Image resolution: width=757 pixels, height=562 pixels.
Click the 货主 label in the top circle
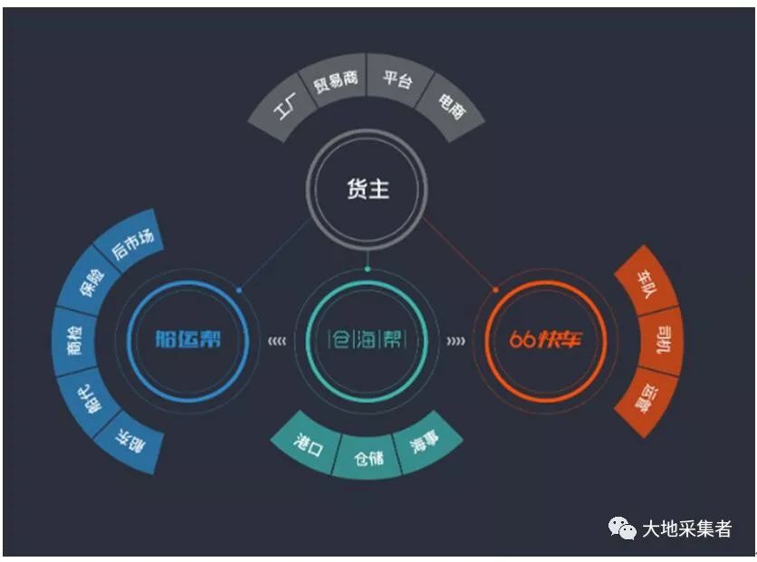pos(368,188)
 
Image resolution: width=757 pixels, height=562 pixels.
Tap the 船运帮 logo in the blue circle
pos(187,339)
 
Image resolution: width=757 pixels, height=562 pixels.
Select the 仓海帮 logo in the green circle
pos(367,339)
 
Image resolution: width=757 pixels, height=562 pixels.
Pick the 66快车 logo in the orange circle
pos(546,339)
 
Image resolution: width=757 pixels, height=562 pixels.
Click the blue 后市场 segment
pos(130,242)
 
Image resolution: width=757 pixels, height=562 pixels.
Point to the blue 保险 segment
pos(91,281)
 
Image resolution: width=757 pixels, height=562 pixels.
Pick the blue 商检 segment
pos(75,340)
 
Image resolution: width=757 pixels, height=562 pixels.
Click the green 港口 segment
pos(308,443)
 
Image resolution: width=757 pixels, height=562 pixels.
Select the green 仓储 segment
pos(368,457)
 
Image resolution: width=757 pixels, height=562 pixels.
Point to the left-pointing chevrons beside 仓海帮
pos(277,341)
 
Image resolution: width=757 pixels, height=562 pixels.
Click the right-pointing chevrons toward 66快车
pos(456,341)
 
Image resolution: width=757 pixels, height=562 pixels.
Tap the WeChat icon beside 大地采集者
pos(622,529)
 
